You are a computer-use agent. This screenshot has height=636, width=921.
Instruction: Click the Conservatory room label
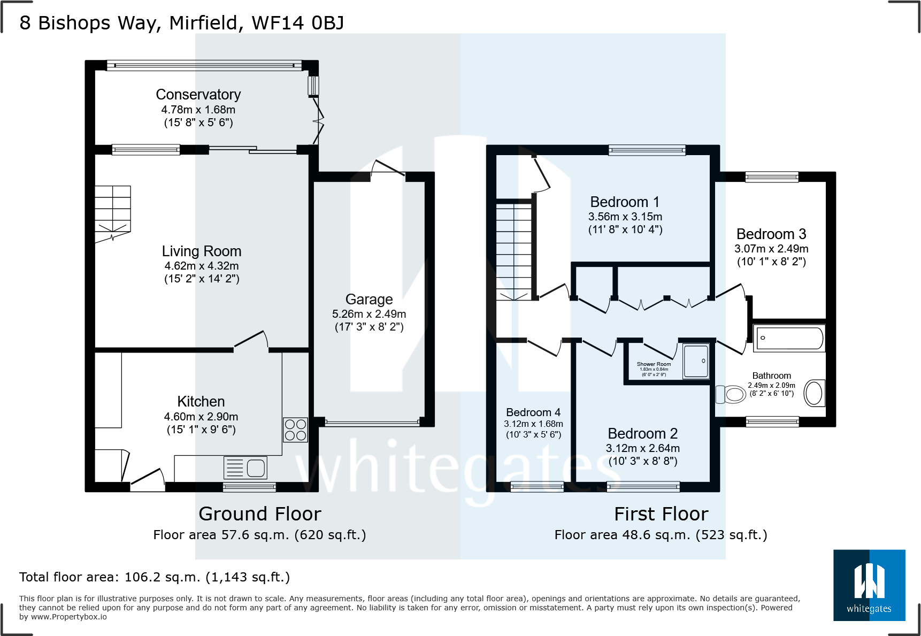point(198,95)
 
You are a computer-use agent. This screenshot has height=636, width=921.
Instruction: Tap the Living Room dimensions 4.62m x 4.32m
point(202,266)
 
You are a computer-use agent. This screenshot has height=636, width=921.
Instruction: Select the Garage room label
point(369,300)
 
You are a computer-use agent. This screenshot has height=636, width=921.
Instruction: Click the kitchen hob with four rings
point(295,430)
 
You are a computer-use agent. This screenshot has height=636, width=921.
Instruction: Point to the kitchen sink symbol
point(245,468)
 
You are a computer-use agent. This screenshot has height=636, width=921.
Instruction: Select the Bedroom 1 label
point(625,202)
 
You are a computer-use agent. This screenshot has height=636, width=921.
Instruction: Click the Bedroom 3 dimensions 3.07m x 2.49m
point(771,249)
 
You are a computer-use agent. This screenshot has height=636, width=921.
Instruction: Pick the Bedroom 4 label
point(533,412)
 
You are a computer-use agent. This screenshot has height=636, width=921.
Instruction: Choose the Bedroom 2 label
point(642,433)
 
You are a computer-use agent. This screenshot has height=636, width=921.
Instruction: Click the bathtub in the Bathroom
point(789,338)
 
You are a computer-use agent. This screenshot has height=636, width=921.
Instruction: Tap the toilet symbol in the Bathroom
point(731,395)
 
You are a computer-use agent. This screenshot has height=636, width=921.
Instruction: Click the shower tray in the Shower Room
point(696,361)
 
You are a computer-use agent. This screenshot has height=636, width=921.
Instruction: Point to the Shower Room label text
point(654,364)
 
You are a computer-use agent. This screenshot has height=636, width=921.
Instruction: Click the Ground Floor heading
point(260,514)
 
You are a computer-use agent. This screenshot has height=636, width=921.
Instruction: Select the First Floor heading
point(661,514)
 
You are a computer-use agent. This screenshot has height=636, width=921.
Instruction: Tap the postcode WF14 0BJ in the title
point(297,23)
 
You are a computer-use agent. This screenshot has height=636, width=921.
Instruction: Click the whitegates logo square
point(869,585)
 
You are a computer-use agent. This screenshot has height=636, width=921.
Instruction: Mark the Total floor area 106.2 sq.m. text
point(155,577)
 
